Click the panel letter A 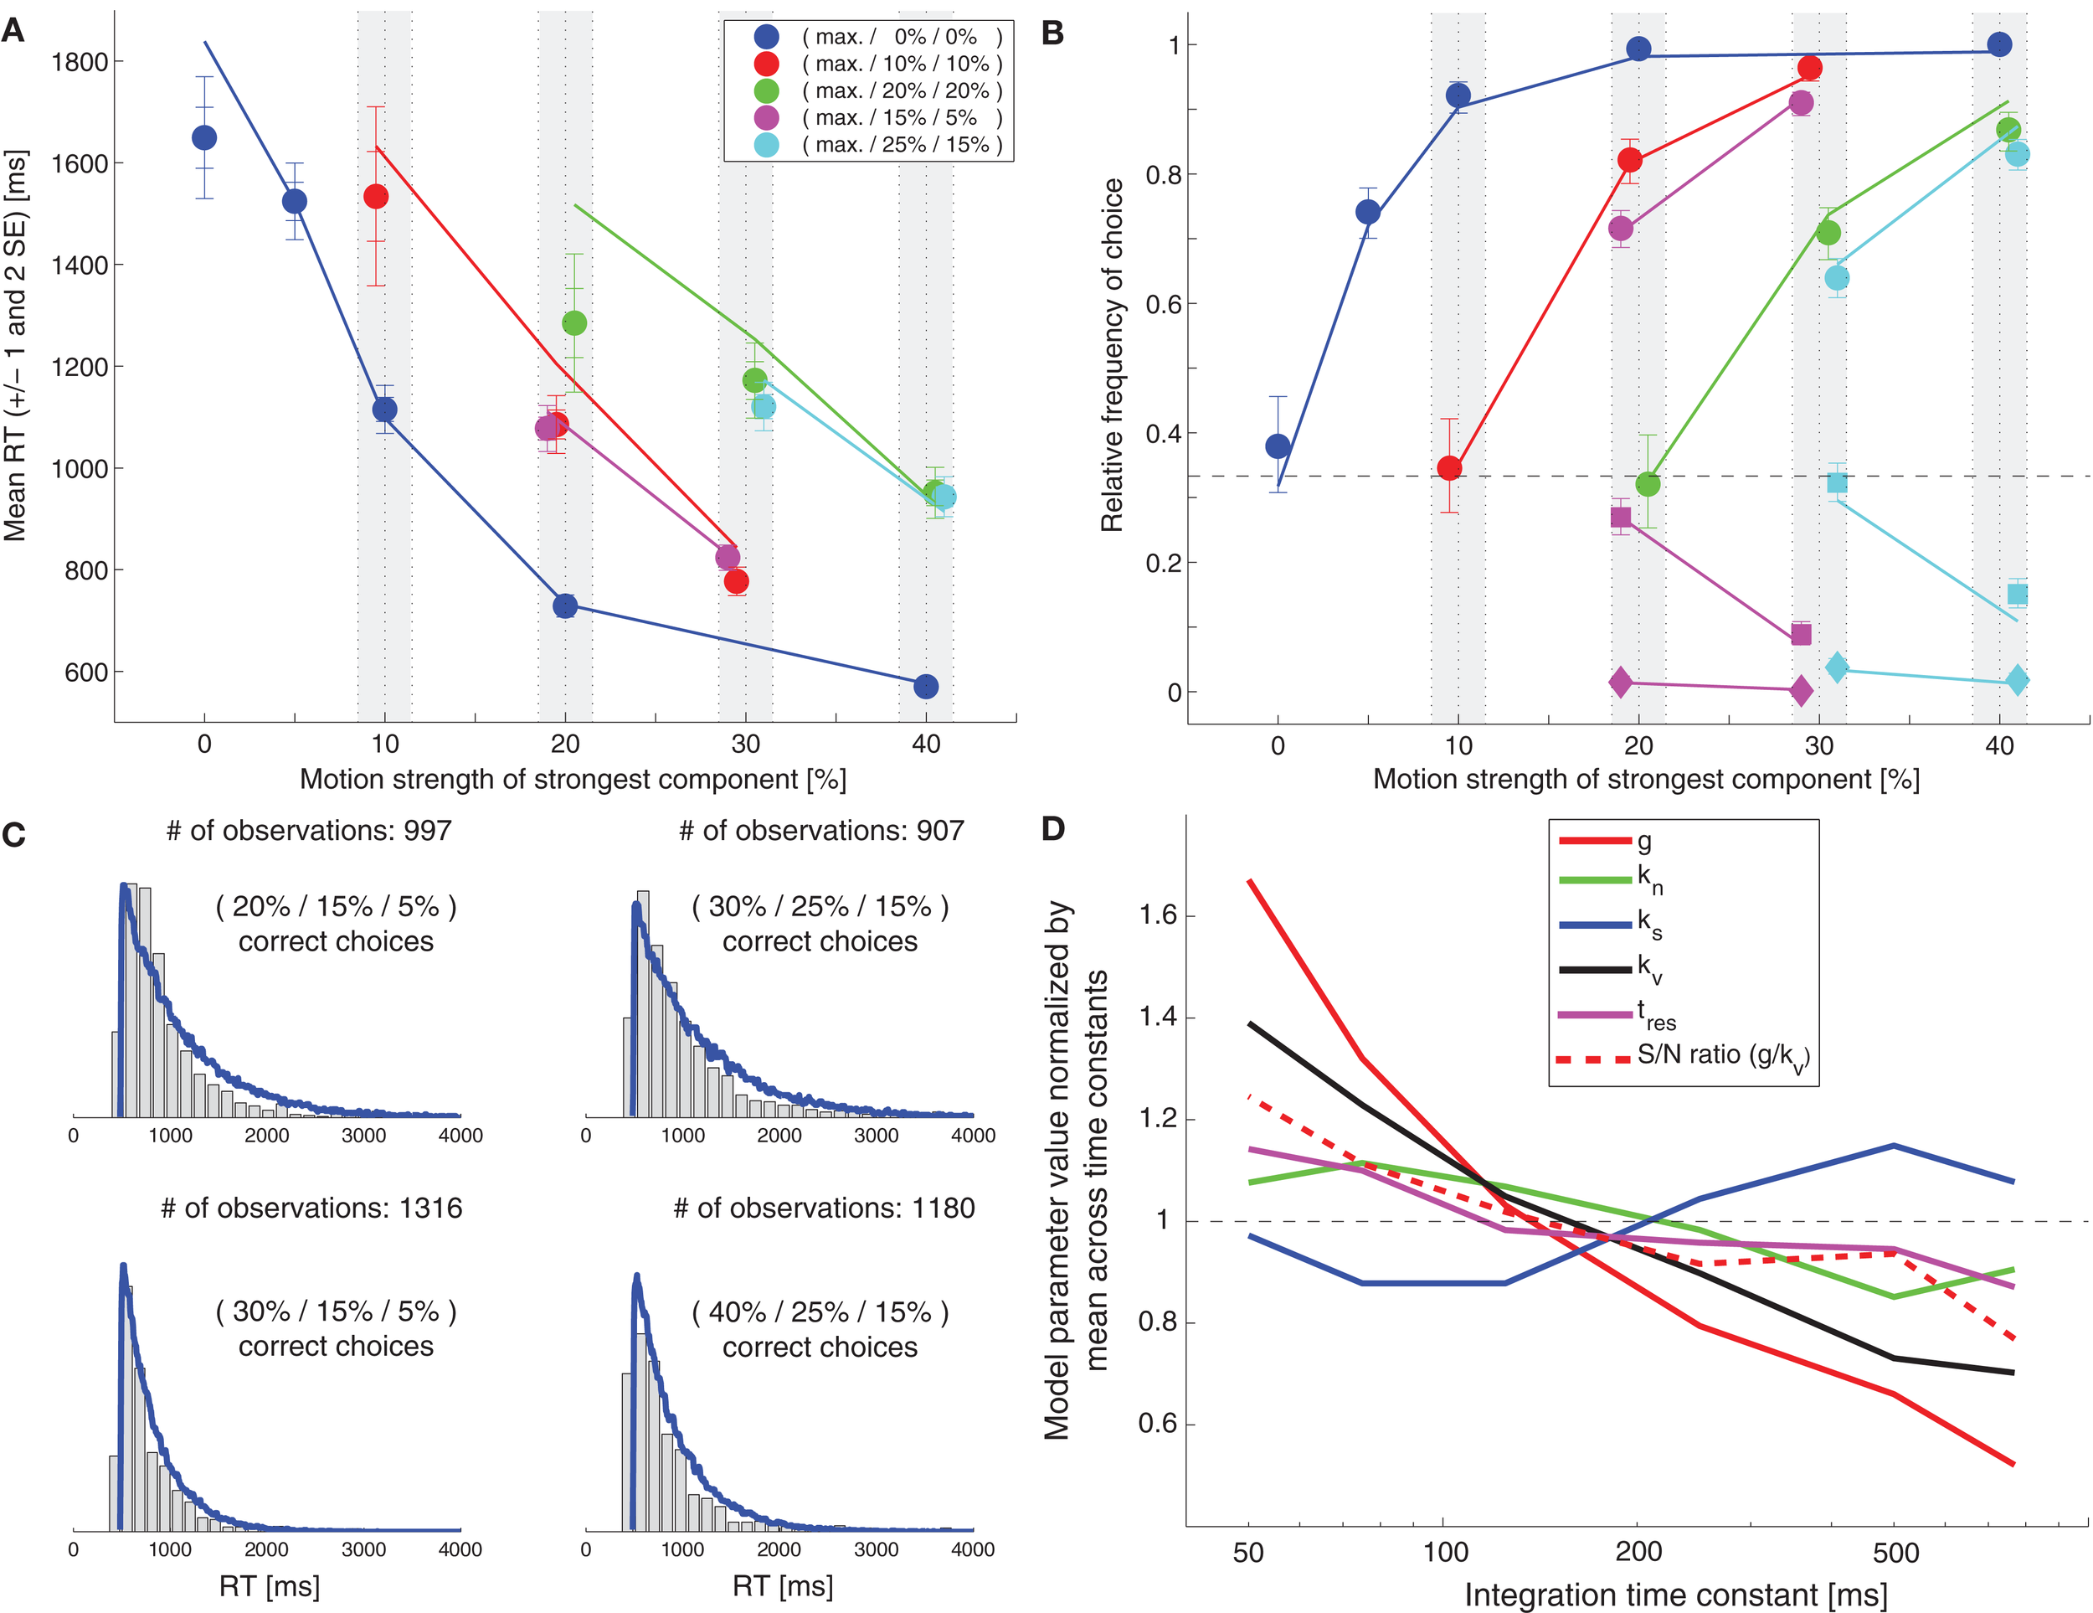13,31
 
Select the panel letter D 1052,829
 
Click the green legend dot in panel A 766,91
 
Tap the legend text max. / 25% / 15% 901,145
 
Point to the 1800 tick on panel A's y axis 80,62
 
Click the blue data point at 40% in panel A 926,686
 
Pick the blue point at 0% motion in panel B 1278,446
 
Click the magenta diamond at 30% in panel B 1801,690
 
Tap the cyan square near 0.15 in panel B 2018,595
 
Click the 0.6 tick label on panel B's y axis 1164,304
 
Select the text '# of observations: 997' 309,830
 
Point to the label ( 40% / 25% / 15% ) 820,1312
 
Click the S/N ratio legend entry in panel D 1722,1056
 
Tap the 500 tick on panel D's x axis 1895,1553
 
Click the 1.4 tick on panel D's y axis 1157,1017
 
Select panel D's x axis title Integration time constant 1675,1595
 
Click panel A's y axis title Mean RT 15,345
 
